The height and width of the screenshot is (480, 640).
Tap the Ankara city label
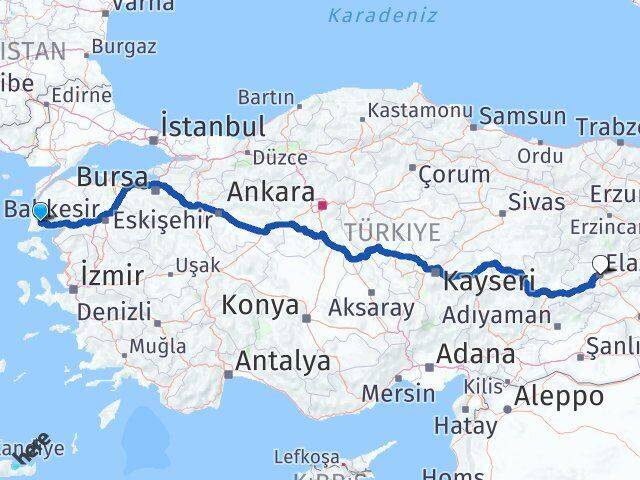tap(271, 192)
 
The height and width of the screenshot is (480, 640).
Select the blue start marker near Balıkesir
tap(40, 212)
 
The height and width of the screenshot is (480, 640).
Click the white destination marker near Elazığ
tap(600, 264)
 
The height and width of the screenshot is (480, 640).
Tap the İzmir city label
tap(112, 274)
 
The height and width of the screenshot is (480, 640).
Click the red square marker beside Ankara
tap(322, 207)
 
